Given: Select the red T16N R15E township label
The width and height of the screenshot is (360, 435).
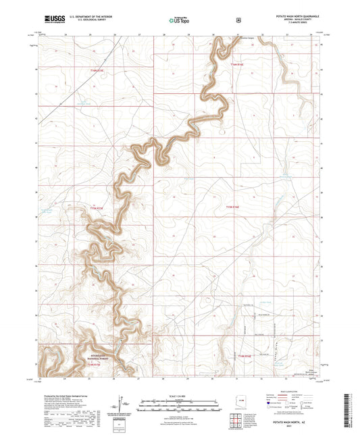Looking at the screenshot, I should click(98, 70).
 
